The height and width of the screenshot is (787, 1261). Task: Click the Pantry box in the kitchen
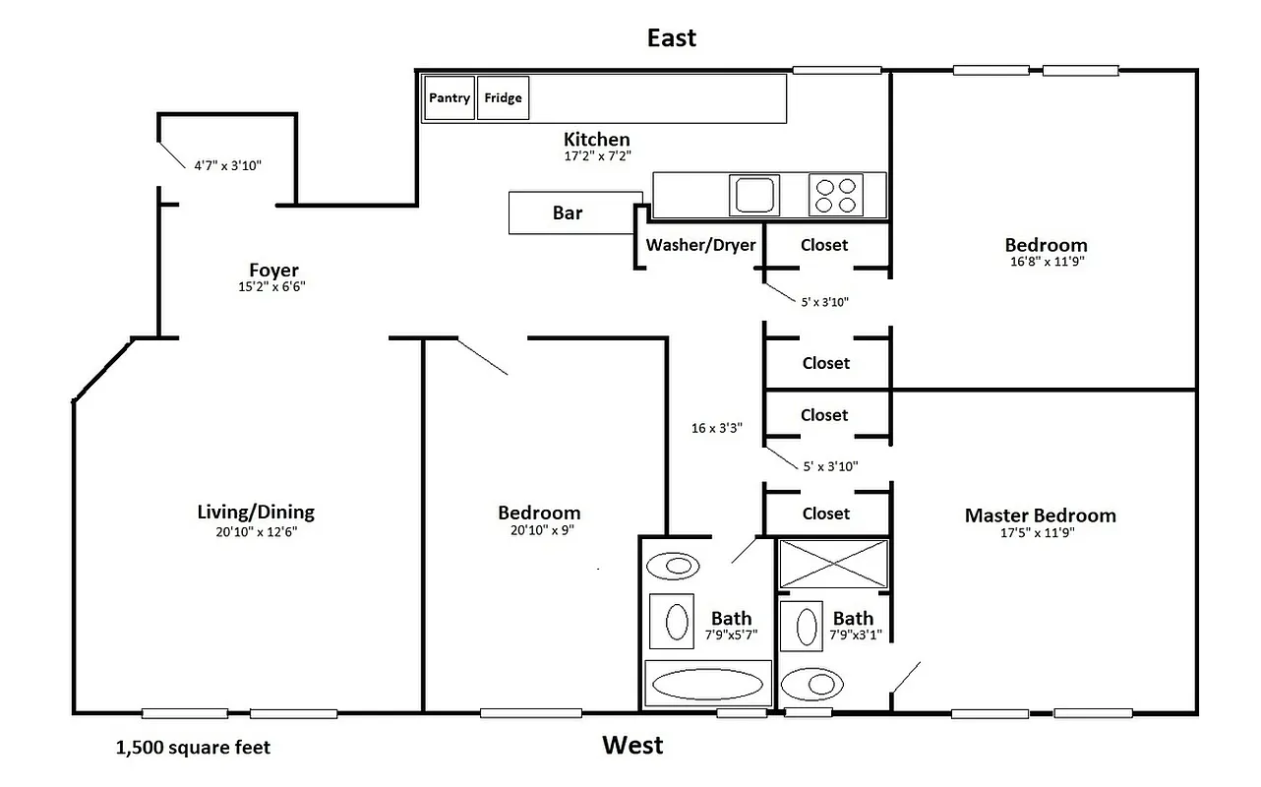click(x=450, y=98)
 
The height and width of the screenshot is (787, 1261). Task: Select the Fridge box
click(x=503, y=98)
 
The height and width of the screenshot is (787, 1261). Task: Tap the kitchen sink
click(x=754, y=195)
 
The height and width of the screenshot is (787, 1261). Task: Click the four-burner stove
click(x=836, y=195)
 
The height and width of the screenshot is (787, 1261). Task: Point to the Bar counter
click(x=568, y=213)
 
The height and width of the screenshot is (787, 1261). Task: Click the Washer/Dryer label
click(x=700, y=245)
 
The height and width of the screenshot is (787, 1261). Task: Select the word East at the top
click(x=671, y=38)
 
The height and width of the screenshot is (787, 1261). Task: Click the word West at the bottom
click(x=632, y=746)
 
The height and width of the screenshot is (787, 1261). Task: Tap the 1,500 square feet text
click(x=193, y=748)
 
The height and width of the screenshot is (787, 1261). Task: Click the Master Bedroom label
click(x=1040, y=515)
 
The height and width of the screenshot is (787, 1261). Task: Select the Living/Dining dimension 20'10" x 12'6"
click(x=256, y=532)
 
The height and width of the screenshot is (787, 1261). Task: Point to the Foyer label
click(x=273, y=271)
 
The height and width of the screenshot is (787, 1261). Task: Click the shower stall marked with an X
click(x=833, y=564)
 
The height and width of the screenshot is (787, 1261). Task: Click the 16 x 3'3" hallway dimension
click(x=716, y=428)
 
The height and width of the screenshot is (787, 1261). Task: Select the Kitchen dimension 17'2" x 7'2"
click(x=597, y=156)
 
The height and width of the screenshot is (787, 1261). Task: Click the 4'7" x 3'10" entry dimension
click(x=227, y=166)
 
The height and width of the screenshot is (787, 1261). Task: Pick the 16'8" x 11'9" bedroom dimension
click(x=1046, y=263)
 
